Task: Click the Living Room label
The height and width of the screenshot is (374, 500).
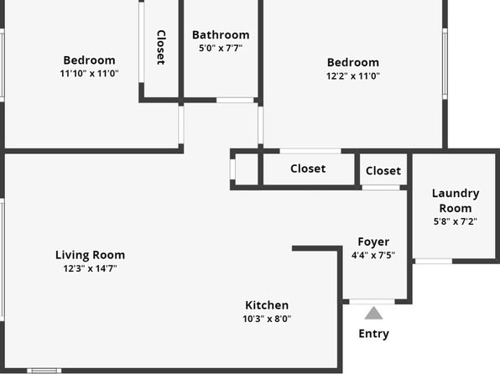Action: point(91,255)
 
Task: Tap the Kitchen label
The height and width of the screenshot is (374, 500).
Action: point(267,305)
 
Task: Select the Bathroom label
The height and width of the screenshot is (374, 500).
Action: point(221,34)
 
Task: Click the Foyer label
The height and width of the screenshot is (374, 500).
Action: point(373,242)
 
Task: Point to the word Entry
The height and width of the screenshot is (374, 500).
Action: point(373,334)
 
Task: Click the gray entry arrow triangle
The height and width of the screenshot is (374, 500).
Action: point(373,313)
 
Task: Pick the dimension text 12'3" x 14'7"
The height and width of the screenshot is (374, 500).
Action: point(91,268)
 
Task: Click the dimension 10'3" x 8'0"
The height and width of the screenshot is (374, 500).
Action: point(267,319)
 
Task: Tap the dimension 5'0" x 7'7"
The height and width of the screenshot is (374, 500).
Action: point(221,48)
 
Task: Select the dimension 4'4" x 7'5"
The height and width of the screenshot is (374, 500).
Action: point(373,256)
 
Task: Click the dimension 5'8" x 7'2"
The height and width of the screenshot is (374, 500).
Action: point(456,221)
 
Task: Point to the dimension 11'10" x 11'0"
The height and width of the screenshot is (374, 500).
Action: point(89,74)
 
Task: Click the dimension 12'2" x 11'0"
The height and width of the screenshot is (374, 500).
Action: point(353,75)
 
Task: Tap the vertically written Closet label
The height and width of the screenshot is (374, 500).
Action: point(161,48)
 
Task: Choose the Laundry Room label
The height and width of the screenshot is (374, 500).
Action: point(456,200)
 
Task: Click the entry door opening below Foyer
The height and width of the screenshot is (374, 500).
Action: point(372,302)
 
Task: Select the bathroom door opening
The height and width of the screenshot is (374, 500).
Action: point(235,100)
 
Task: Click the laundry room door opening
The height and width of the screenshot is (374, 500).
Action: point(434,262)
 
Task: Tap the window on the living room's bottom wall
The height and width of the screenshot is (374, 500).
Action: point(44,371)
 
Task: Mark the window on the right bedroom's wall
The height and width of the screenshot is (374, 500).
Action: point(445,64)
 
